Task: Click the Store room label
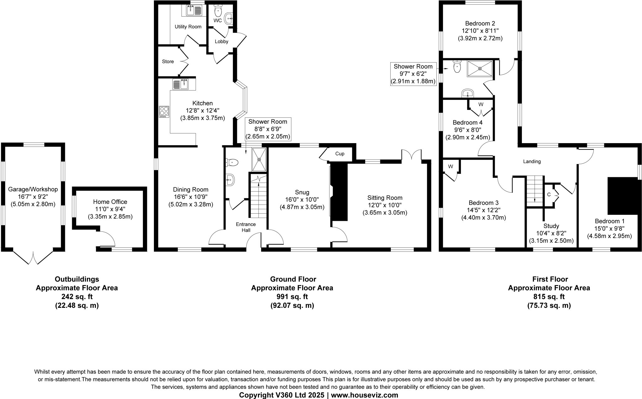click(168, 62)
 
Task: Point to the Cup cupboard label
click(339, 154)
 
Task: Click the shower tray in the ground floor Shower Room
click(259, 159)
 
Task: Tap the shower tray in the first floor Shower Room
click(480, 69)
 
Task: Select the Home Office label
click(110, 202)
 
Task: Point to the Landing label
click(532, 162)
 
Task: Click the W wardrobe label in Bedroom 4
click(481, 104)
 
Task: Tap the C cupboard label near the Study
click(549, 194)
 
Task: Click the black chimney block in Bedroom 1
click(623, 196)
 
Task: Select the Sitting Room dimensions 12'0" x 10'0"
click(385, 205)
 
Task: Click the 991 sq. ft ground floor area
click(292, 297)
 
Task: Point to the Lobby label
click(221, 42)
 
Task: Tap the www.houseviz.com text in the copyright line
click(364, 395)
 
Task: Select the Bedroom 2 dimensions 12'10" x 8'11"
click(480, 31)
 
